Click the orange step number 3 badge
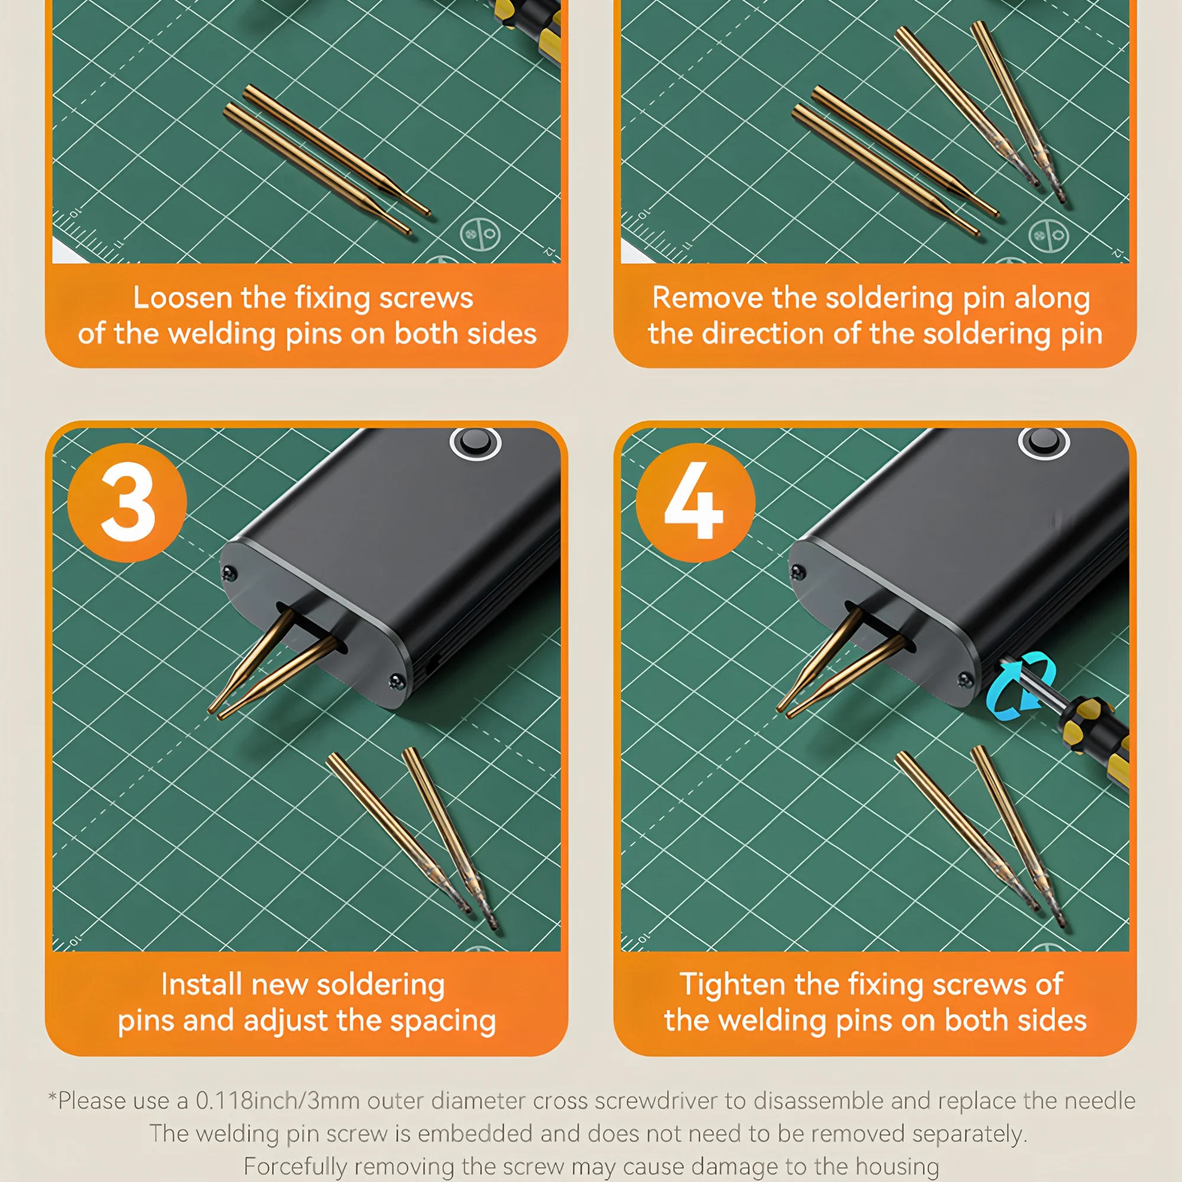coord(127,502)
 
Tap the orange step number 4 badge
coord(696,502)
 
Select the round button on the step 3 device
coord(475,442)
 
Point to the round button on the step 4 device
coord(1044,442)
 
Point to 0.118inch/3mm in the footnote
coord(277,1101)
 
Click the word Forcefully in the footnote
coord(295,1167)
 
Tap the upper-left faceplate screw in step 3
coord(230,573)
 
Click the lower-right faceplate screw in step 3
coord(397,681)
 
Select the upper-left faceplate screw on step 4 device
coord(798,573)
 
